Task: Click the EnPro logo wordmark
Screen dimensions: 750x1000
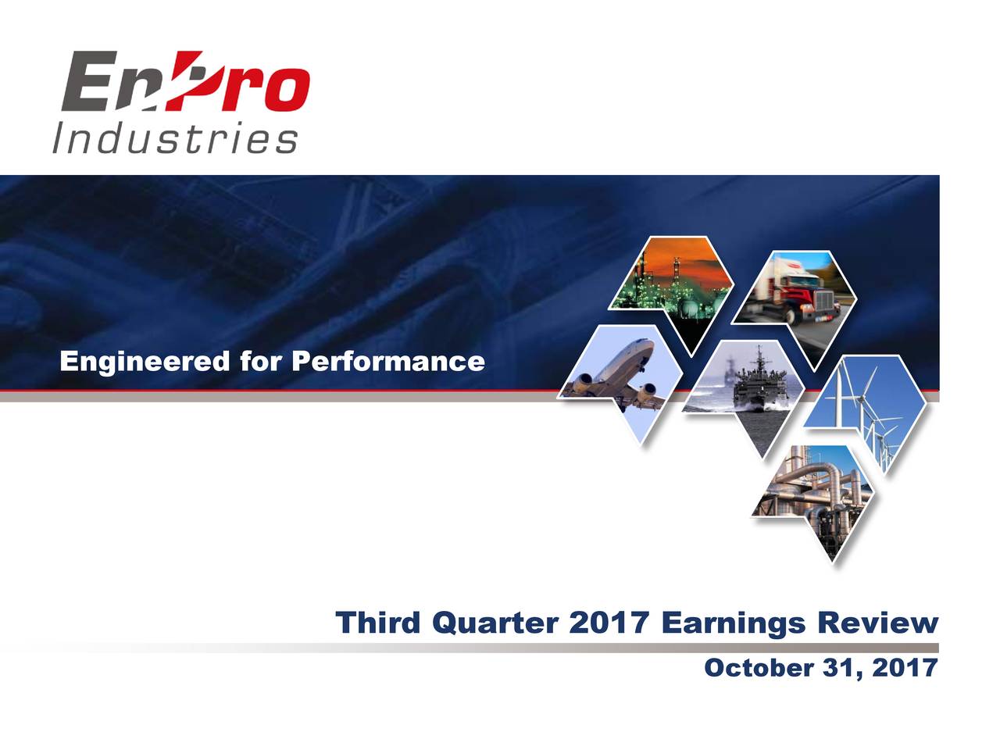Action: point(185,82)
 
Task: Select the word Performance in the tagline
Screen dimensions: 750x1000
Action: point(387,362)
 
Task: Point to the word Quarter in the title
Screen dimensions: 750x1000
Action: point(495,623)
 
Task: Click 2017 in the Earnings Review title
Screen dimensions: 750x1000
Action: point(609,623)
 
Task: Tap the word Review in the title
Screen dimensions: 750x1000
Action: point(877,623)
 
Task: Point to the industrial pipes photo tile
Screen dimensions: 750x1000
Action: point(812,492)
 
